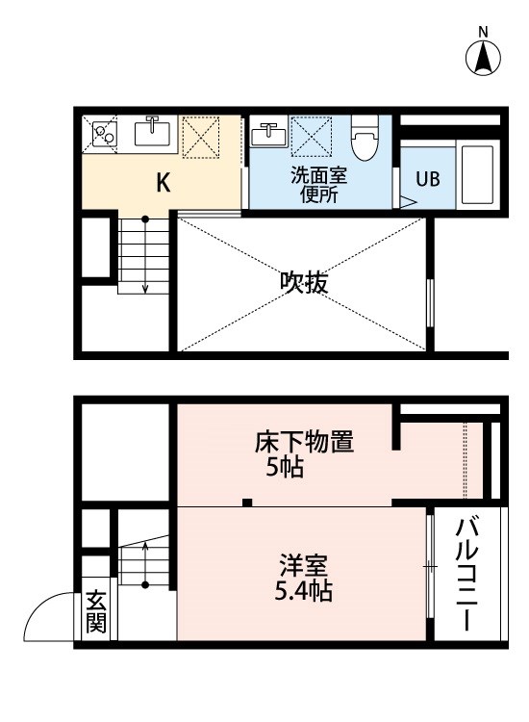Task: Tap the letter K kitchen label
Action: (164, 183)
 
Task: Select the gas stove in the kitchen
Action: (104, 136)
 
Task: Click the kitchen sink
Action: (153, 133)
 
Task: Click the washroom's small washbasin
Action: (268, 134)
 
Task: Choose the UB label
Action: (427, 180)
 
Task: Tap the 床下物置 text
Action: (304, 444)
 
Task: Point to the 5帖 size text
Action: (282, 471)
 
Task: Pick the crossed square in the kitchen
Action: (203, 136)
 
